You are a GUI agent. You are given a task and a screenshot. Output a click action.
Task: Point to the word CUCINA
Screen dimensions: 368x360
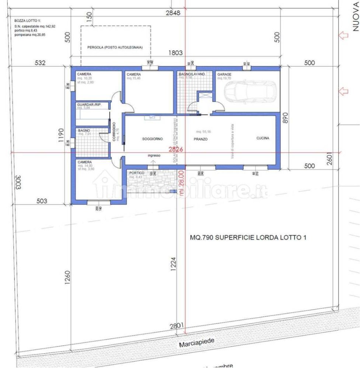(263, 138)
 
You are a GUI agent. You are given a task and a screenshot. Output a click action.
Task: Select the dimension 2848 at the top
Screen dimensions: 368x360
(173, 13)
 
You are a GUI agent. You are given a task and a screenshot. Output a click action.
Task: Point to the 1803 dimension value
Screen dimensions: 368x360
(175, 53)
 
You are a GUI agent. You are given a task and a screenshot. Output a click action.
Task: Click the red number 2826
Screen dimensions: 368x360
(175, 149)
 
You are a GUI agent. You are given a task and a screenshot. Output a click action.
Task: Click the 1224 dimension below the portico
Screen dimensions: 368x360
(174, 264)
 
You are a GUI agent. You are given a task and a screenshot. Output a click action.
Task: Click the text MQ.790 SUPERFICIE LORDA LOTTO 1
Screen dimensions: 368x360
(248, 238)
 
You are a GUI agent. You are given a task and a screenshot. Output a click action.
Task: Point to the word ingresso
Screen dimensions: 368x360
(154, 156)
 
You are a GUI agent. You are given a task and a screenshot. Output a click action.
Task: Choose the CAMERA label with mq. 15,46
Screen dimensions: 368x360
(134, 74)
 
